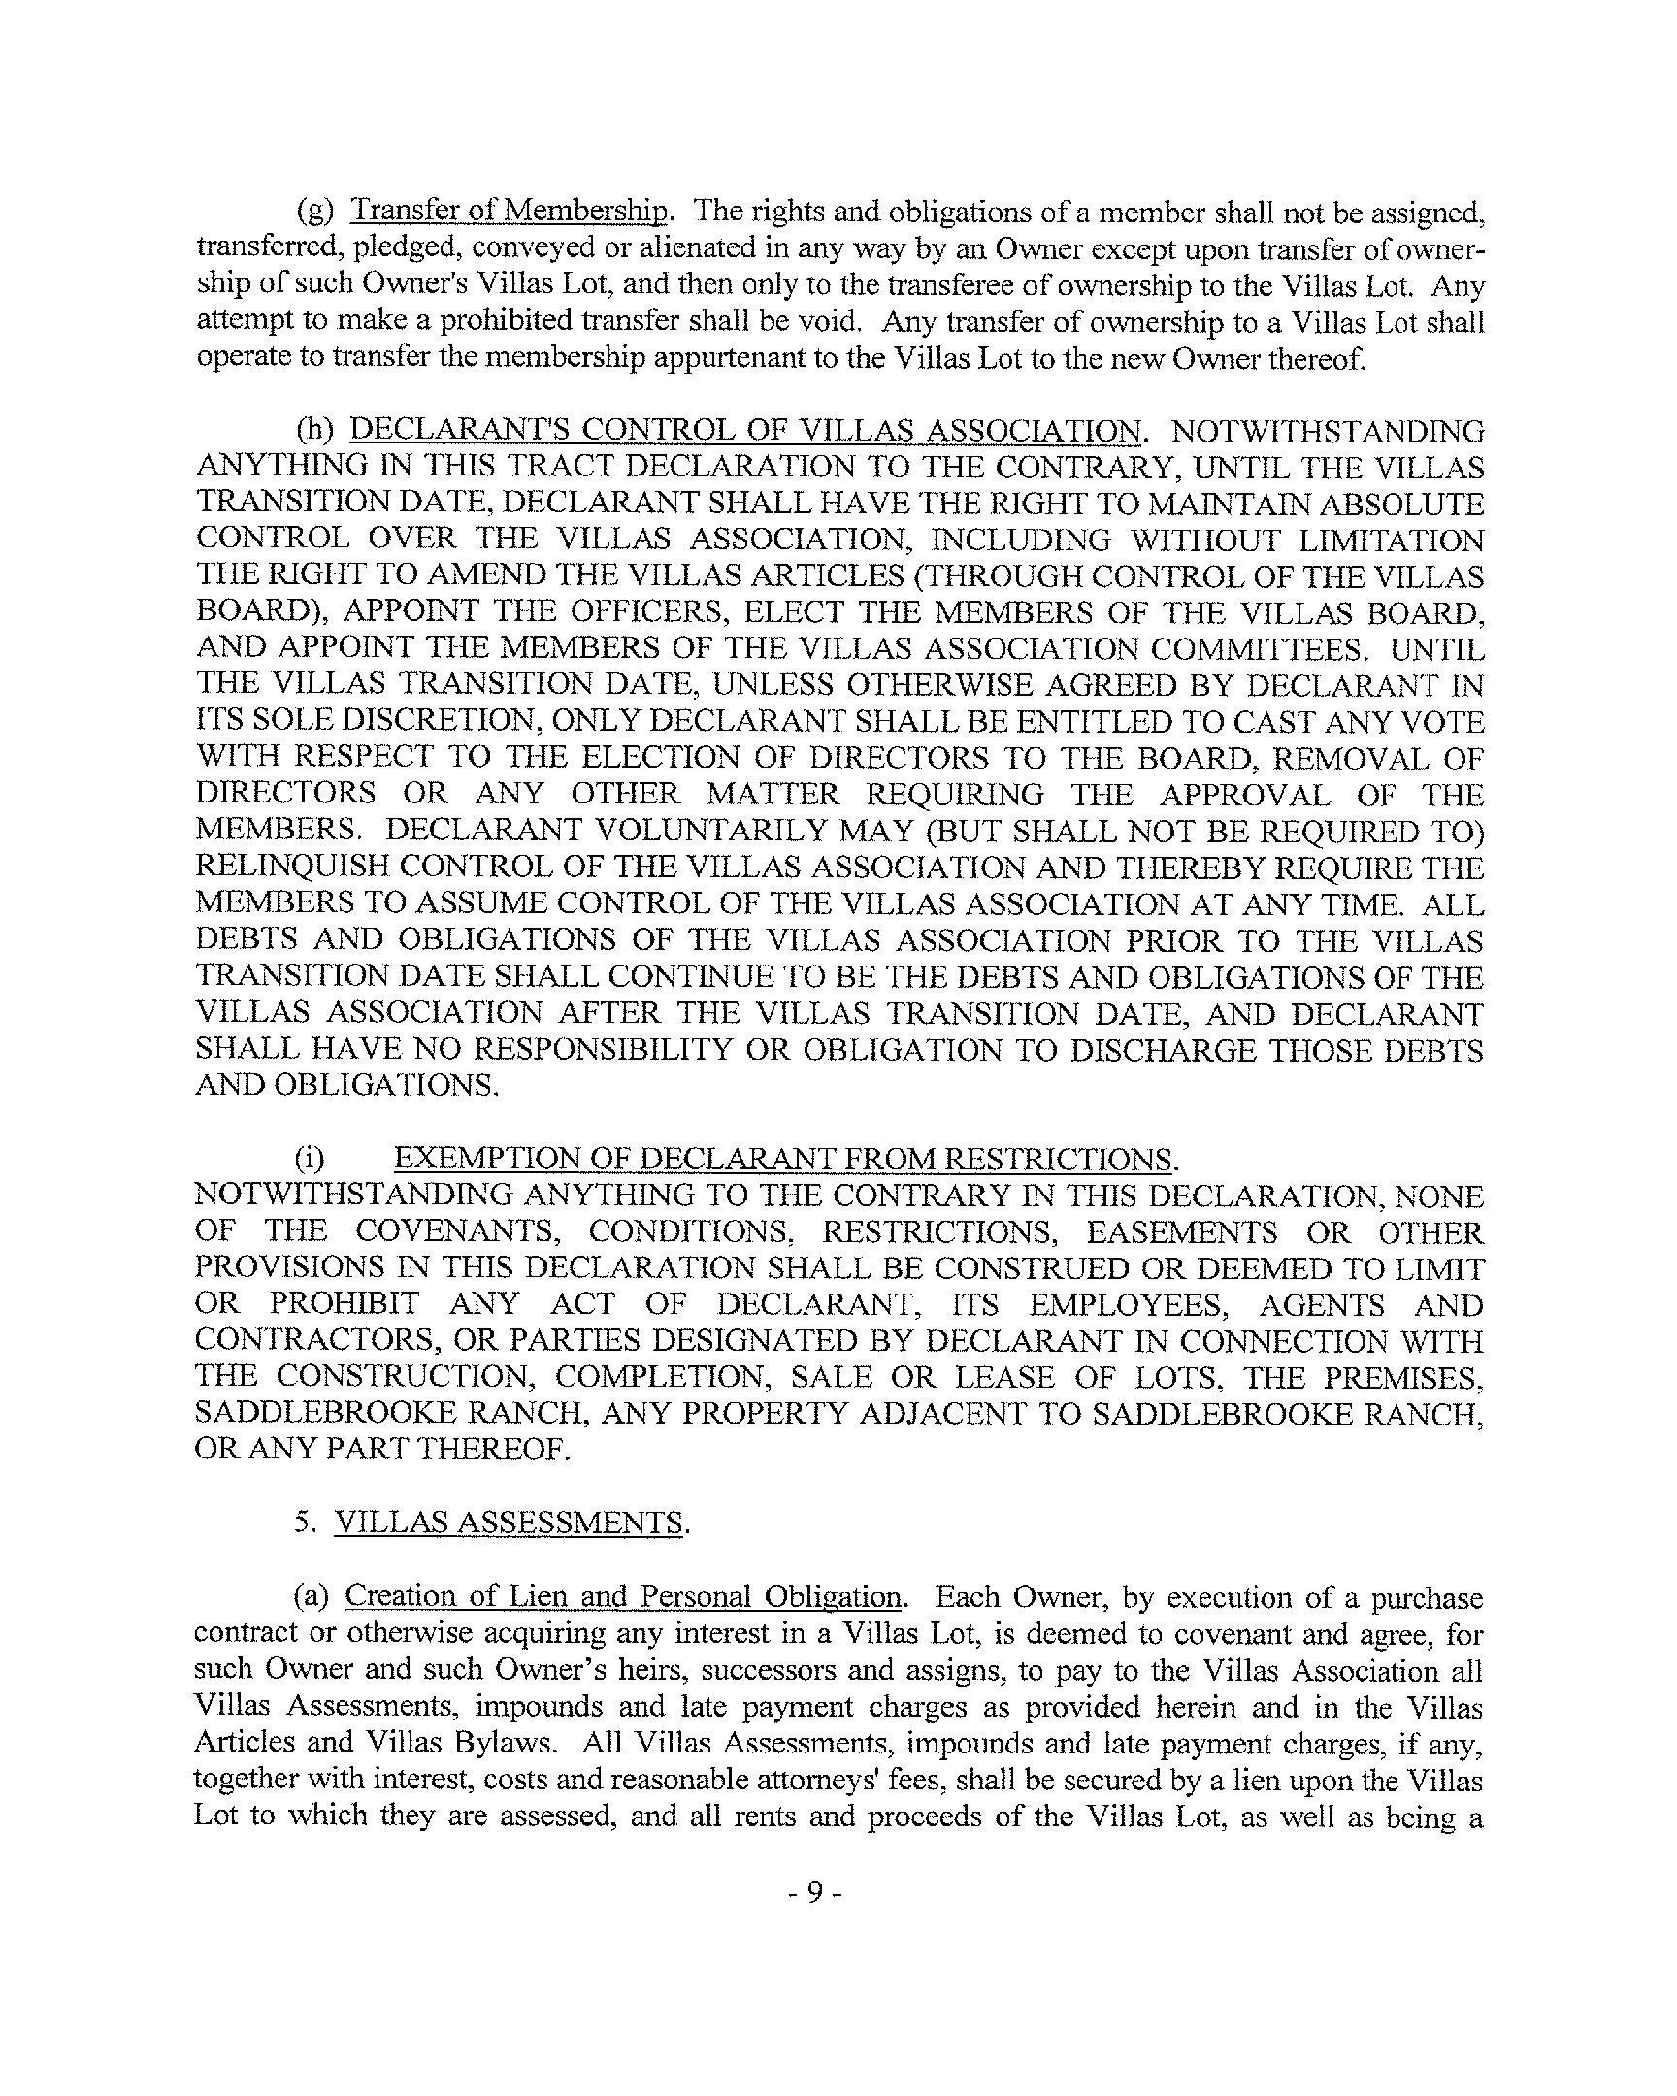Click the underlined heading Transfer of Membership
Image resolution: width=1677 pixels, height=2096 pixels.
(509, 210)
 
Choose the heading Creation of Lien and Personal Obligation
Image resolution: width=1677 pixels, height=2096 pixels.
(623, 1596)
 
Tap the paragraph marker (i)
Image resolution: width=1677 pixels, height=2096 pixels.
(311, 1159)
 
